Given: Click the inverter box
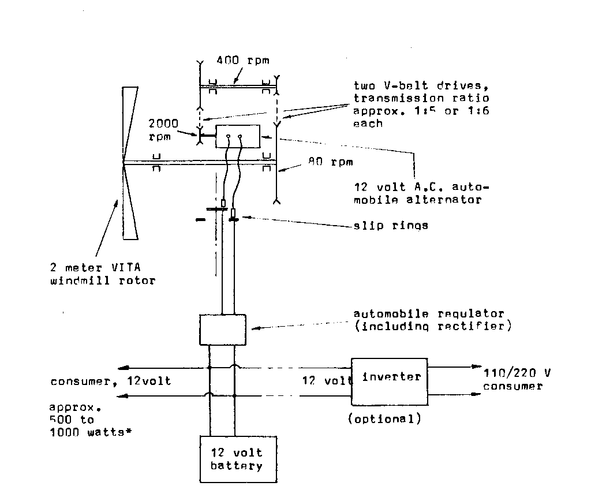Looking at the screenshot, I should click(390, 382).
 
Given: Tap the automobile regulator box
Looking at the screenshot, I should click(222, 330).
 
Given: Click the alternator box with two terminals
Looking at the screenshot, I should click(237, 137).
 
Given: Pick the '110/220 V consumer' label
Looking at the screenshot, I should click(517, 380).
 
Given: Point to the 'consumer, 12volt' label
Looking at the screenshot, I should click(111, 382).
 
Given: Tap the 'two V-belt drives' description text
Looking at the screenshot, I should click(421, 104).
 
